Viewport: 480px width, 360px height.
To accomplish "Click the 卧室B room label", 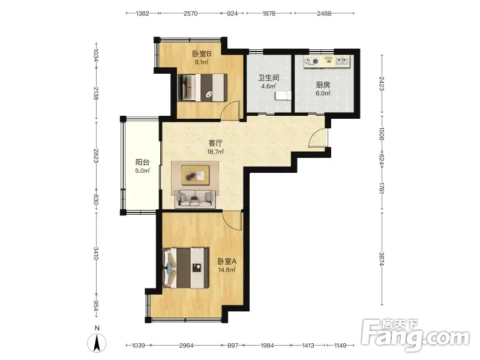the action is tap(202, 54).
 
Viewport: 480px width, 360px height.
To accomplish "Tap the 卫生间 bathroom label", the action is tap(268, 78).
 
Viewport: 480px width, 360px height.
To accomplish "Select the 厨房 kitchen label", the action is tap(323, 85).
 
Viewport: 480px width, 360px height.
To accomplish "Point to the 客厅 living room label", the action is tap(215, 143).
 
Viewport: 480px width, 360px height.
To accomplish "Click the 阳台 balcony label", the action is tap(142, 162).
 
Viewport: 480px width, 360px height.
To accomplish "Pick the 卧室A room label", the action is tap(227, 262).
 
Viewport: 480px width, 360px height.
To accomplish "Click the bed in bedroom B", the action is tap(202, 87).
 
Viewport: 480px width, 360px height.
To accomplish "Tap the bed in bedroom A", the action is tap(185, 268).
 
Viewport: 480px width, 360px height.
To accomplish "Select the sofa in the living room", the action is tap(194, 199).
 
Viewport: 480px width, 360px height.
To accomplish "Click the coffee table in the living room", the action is tap(196, 175).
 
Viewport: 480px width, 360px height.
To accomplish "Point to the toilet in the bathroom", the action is tap(283, 95).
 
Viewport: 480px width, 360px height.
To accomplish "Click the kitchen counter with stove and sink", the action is tap(326, 61).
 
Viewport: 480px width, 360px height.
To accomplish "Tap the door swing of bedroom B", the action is tap(230, 109).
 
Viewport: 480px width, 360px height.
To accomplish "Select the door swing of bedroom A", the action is tap(232, 220).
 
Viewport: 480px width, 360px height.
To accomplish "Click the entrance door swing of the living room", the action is tap(318, 138).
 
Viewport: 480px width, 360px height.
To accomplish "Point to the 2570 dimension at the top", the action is tap(190, 13).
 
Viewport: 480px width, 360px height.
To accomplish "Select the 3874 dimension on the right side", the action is tap(382, 259).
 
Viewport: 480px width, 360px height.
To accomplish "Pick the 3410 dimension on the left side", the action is tap(96, 253).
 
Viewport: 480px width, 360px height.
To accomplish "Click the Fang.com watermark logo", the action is tap(415, 335).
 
